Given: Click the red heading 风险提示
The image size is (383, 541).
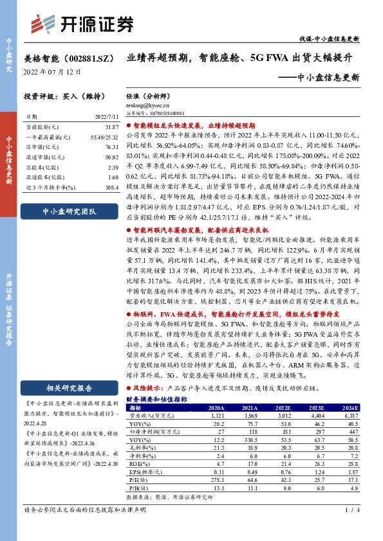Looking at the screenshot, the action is [x=147, y=389].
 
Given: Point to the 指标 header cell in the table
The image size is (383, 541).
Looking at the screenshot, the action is [x=135, y=408].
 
